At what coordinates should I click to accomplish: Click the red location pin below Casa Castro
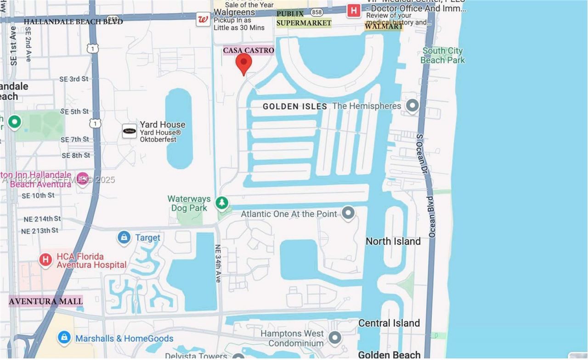(243, 63)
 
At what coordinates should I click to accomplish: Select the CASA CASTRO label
(249, 50)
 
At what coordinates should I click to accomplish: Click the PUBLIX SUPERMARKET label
(304, 18)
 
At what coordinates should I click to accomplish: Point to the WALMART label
(384, 26)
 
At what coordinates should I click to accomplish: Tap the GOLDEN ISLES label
(295, 107)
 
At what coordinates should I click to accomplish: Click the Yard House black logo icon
(129, 131)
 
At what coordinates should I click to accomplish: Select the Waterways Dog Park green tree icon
(222, 202)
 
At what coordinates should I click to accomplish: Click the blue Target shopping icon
(124, 237)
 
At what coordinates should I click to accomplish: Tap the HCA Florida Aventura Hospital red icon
(45, 260)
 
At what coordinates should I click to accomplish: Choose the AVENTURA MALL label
(46, 301)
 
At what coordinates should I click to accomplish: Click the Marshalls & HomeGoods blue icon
(64, 338)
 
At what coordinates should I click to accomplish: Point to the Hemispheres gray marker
(412, 106)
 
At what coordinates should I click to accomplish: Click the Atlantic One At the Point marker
(348, 213)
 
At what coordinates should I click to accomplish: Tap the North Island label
(393, 241)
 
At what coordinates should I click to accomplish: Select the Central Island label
(389, 323)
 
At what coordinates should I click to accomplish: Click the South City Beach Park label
(442, 55)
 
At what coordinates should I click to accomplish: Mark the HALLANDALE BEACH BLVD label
(73, 22)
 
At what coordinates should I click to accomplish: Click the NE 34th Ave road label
(218, 263)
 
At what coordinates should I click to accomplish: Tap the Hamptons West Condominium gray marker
(335, 338)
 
